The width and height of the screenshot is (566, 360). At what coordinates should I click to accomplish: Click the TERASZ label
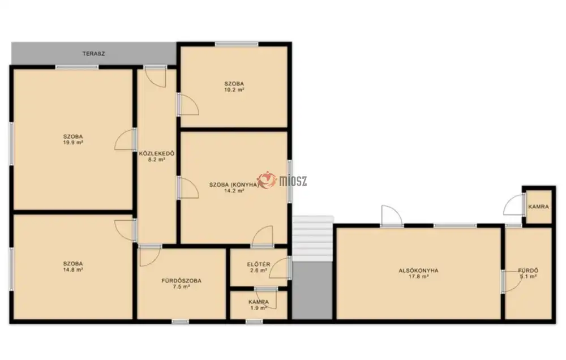pyautogui.click(x=93, y=54)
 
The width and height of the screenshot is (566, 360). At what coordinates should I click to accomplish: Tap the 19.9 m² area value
pyautogui.click(x=73, y=142)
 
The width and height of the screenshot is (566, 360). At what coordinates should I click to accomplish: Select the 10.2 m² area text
pyautogui.click(x=234, y=89)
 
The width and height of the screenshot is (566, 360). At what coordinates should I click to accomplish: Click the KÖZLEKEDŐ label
pyautogui.click(x=157, y=153)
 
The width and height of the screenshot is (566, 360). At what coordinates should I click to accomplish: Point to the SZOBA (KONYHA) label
pyautogui.click(x=234, y=185)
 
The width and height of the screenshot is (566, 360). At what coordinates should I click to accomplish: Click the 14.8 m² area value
pyautogui.click(x=73, y=269)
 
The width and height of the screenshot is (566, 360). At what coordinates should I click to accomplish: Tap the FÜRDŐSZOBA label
pyautogui.click(x=181, y=281)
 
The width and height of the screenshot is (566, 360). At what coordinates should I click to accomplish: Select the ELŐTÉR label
pyautogui.click(x=259, y=264)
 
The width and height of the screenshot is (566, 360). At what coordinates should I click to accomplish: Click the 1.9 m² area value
pyautogui.click(x=259, y=308)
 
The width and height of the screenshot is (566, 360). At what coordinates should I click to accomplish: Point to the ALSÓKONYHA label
pyautogui.click(x=418, y=271)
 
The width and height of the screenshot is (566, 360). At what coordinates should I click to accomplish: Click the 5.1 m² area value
pyautogui.click(x=528, y=277)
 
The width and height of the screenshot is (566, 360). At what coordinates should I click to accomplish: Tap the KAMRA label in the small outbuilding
pyautogui.click(x=538, y=207)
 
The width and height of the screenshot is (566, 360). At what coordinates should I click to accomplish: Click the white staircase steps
pyautogui.click(x=312, y=238)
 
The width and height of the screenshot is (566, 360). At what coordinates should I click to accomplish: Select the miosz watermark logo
pyautogui.click(x=282, y=180)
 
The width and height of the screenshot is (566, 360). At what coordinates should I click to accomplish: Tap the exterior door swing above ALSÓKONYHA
pyautogui.click(x=392, y=216)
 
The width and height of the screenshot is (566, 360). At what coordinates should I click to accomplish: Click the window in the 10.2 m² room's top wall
pyautogui.click(x=237, y=44)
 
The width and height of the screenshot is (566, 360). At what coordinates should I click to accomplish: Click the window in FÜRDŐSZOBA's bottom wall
pyautogui.click(x=180, y=322)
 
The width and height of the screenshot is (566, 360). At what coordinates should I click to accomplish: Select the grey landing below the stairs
pyautogui.click(x=312, y=290)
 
